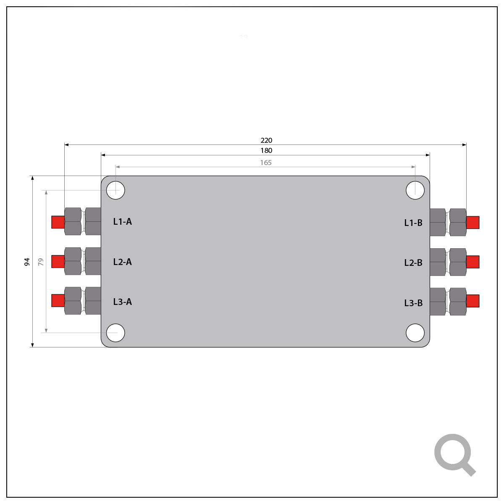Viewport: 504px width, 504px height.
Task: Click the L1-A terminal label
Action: click(x=122, y=222)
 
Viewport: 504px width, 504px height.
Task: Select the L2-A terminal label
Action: click(x=122, y=262)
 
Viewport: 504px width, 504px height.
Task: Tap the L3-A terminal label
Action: click(x=122, y=302)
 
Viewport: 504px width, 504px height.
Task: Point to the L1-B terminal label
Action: click(x=413, y=223)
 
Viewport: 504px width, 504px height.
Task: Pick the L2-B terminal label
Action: click(x=413, y=262)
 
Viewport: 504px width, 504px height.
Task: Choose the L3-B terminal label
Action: click(x=413, y=303)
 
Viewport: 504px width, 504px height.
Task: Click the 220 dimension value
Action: click(x=266, y=140)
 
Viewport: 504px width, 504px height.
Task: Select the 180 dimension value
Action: click(x=266, y=150)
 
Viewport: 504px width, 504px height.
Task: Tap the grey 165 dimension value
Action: click(x=266, y=163)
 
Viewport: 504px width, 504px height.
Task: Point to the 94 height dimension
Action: click(x=27, y=262)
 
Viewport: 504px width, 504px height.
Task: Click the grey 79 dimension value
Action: click(x=41, y=262)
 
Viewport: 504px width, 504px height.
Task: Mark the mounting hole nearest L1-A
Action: click(x=115, y=190)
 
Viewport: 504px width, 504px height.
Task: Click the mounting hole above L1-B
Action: click(x=415, y=190)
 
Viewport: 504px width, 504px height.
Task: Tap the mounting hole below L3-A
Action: click(x=115, y=333)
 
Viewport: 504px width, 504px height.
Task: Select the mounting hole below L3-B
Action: click(x=415, y=333)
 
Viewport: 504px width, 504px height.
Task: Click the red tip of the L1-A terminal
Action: click(x=58, y=222)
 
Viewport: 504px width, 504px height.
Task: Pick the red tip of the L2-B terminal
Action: click(x=473, y=262)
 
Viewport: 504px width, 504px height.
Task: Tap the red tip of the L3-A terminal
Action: click(x=58, y=301)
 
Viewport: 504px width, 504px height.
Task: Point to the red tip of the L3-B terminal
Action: click(x=473, y=301)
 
